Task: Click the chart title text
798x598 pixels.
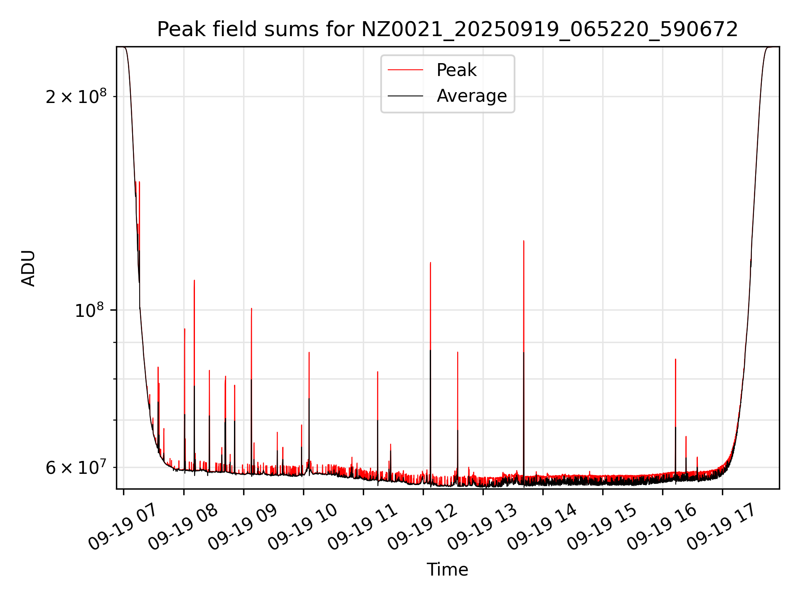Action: (447, 29)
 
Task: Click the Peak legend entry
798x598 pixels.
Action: (456, 70)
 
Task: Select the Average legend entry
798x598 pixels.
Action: (471, 96)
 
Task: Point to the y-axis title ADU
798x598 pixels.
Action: (28, 268)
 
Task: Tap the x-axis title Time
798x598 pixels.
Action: (447, 570)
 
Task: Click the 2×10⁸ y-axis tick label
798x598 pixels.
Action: (76, 97)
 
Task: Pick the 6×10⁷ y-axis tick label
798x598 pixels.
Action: (76, 468)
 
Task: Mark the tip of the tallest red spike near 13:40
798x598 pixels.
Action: (524, 241)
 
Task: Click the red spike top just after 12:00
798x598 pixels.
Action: (431, 262)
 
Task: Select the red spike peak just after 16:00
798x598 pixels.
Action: (675, 359)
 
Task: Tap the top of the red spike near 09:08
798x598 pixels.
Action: (251, 309)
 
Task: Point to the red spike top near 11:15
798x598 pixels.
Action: (377, 372)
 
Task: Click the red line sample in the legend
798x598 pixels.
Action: (405, 70)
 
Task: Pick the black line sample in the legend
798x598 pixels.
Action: (405, 96)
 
